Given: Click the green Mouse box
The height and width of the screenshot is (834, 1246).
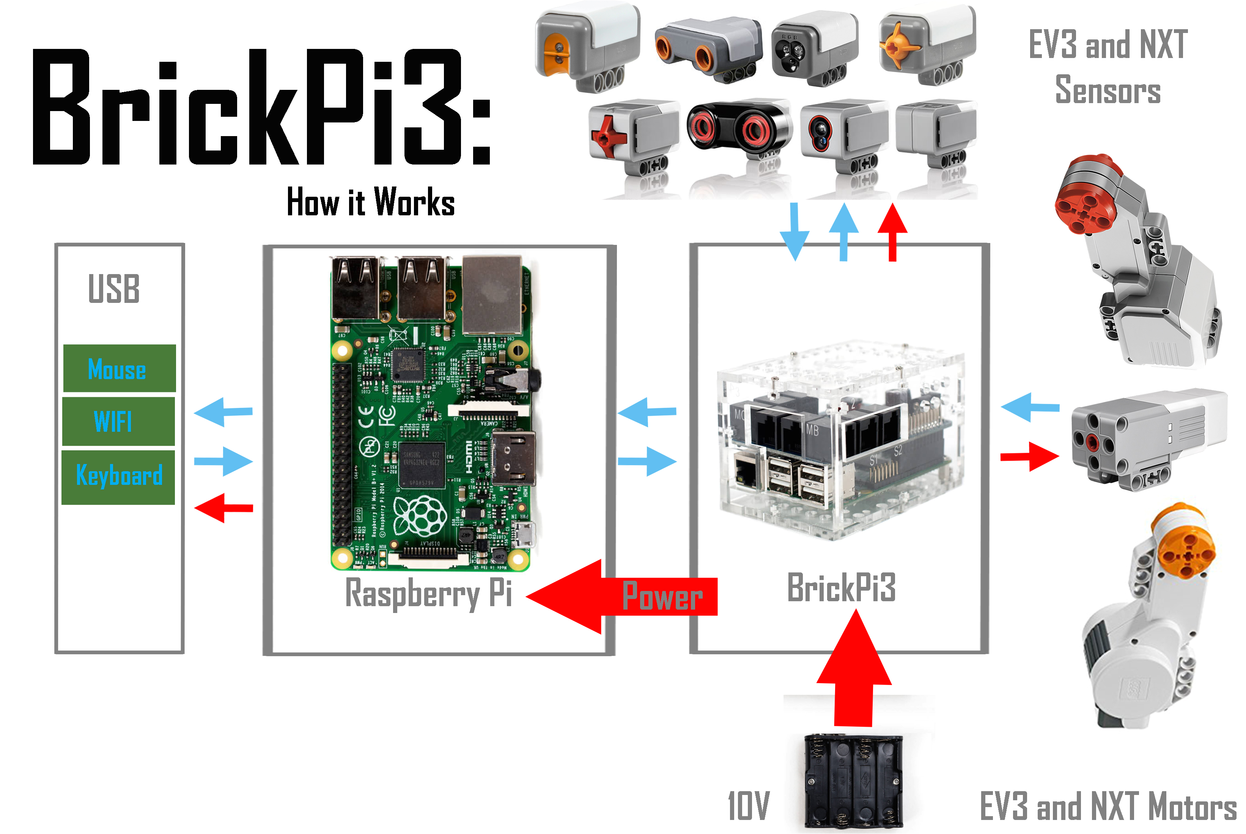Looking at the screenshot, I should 119,368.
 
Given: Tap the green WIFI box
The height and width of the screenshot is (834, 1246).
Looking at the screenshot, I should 118,421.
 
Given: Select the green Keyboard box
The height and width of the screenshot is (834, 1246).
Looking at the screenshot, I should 118,477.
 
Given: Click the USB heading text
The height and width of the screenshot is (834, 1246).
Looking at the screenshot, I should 114,289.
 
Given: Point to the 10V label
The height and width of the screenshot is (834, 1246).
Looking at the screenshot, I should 748,806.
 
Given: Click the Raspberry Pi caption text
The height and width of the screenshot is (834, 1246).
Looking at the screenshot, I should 428,593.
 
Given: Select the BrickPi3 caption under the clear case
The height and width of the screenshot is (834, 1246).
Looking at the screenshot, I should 841,588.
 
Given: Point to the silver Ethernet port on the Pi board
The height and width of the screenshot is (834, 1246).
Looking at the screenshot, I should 491,294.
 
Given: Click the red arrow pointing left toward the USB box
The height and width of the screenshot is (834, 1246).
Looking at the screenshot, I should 223,508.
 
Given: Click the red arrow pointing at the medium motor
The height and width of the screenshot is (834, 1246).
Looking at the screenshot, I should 1029,456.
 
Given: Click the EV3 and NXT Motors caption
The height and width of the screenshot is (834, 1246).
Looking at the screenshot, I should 1108,806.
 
